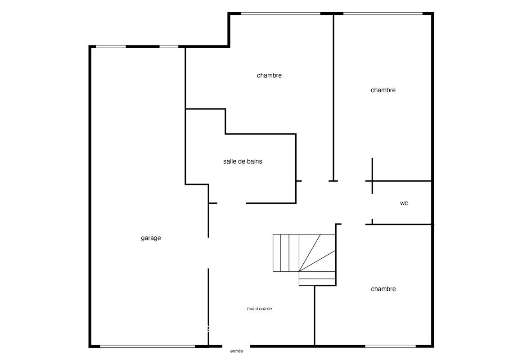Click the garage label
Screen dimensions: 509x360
pos(151,238)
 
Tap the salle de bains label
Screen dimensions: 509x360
pos(243,162)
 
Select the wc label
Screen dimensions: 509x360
pos(404,203)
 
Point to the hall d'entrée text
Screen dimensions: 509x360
pos(259,309)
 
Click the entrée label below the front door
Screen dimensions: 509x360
pos(237,351)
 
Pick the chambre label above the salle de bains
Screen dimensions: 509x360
pos(269,75)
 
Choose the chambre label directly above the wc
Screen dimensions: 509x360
pos(383,90)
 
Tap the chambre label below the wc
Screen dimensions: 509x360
pos(383,289)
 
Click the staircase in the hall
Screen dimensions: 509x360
pos(304,260)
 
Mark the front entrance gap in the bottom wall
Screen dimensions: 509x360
pos(236,346)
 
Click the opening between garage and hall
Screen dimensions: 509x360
pos(208,253)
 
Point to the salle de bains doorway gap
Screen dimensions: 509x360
pos(232,203)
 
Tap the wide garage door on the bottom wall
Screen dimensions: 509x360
pos(148,346)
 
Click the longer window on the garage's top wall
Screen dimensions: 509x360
pos(111,47)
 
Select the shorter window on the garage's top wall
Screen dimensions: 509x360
pos(169,47)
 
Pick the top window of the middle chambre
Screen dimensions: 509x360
pos(281,13)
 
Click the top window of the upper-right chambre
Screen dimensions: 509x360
pos(383,13)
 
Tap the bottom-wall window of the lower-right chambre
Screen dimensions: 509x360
pos(391,346)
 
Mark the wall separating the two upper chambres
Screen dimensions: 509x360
pos(333,97)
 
